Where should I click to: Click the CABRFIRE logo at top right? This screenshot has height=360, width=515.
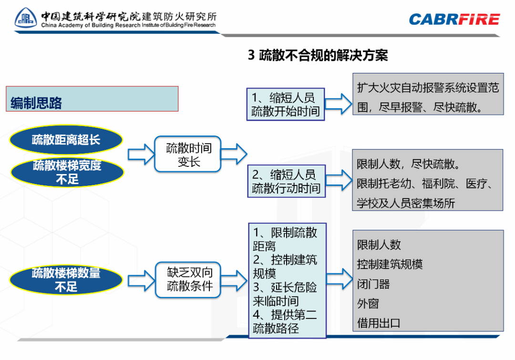pyautogui.click(x=454, y=20)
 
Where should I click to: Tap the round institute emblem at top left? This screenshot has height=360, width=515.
pyautogui.click(x=27, y=19)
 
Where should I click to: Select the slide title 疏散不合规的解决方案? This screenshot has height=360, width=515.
pyautogui.click(x=318, y=55)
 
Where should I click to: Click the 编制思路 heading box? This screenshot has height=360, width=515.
pyautogui.click(x=92, y=99)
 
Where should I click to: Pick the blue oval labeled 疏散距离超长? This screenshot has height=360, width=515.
pyautogui.click(x=66, y=140)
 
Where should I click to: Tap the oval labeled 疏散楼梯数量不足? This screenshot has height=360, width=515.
pyautogui.click(x=66, y=280)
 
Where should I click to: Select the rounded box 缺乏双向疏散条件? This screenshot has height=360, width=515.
pyautogui.click(x=189, y=279)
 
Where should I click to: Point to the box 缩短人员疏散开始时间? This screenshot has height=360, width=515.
pyautogui.click(x=286, y=104)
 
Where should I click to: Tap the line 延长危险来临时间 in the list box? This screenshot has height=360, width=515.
pyautogui.click(x=285, y=294)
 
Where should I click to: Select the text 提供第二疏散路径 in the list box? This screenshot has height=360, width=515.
pyautogui.click(x=285, y=321)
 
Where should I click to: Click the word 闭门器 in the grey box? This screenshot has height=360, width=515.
pyautogui.click(x=373, y=284)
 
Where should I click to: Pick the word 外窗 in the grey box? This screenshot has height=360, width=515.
pyautogui.click(x=368, y=304)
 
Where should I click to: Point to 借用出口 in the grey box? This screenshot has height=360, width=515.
pyautogui.click(x=379, y=323)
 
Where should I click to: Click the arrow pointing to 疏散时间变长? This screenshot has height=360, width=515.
pyautogui.click(x=140, y=154)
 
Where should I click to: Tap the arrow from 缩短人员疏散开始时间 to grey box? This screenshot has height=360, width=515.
pyautogui.click(x=339, y=103)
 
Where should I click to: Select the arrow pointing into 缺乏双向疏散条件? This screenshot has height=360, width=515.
pyautogui.click(x=140, y=280)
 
